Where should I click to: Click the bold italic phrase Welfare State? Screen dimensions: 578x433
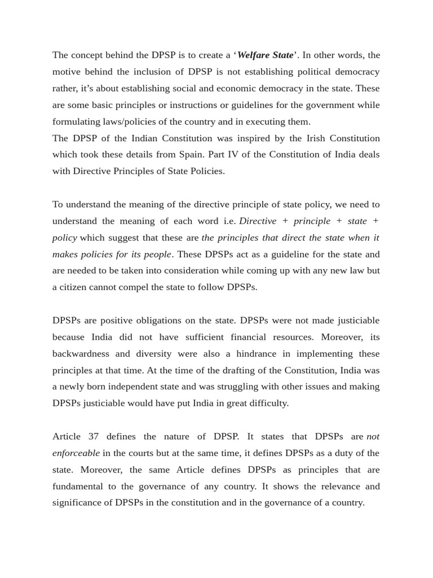[x=265, y=55]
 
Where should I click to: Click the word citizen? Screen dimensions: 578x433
[x=77, y=287]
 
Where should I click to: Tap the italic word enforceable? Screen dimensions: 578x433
[x=76, y=453]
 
